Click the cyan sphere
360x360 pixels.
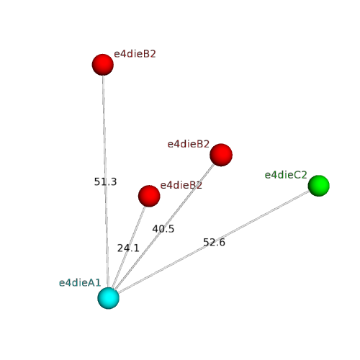(x=108, y=298)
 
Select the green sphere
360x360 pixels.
(x=319, y=186)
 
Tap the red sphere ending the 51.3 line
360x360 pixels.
(x=103, y=65)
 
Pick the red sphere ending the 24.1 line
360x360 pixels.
(x=149, y=196)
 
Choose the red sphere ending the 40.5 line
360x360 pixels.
(x=221, y=155)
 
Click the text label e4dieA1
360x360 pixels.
(x=80, y=283)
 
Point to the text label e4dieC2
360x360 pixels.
(x=286, y=175)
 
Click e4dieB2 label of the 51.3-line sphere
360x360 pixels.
(x=135, y=54)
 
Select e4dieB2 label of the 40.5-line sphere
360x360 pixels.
(x=189, y=144)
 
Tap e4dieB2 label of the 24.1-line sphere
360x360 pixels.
(x=181, y=185)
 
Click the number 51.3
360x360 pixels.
(x=105, y=182)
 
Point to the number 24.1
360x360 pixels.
(x=128, y=248)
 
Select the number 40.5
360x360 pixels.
(x=163, y=229)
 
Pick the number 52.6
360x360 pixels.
(x=214, y=242)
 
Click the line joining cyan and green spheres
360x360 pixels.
(x=214, y=242)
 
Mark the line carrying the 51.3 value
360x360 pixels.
(x=106, y=181)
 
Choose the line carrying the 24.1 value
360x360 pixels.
(x=129, y=247)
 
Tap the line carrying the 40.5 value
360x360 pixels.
(x=163, y=227)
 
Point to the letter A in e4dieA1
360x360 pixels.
(x=90, y=283)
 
